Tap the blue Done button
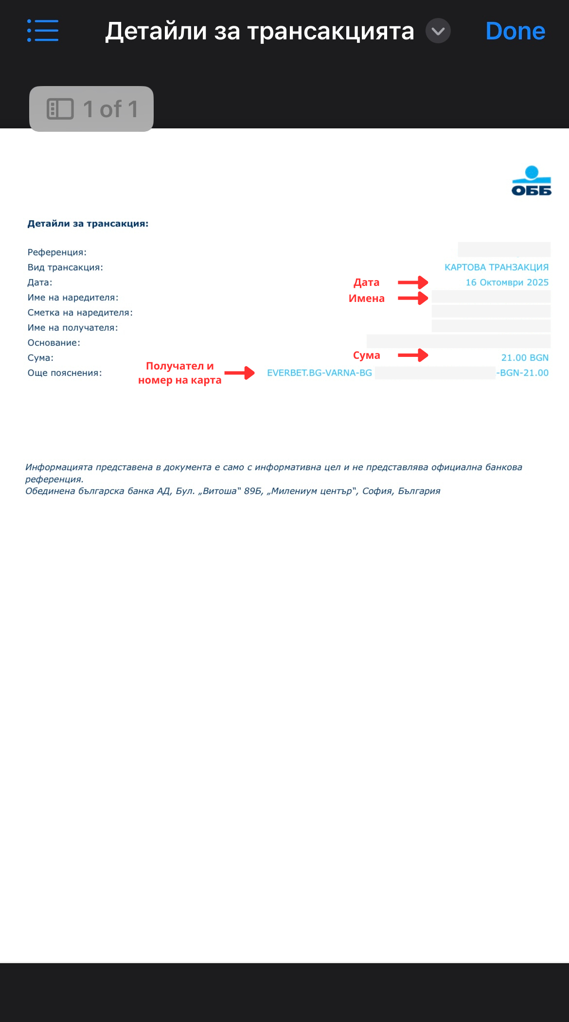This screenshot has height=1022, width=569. tap(515, 31)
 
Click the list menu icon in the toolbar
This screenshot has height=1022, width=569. tap(43, 31)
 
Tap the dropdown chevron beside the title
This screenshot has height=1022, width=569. tap(438, 31)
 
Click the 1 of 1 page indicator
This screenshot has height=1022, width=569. tap(91, 109)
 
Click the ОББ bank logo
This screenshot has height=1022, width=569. tap(531, 181)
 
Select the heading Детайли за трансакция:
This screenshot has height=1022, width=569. tap(88, 224)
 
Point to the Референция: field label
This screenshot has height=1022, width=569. tap(57, 252)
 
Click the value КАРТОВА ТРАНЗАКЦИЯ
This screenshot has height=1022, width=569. tap(496, 267)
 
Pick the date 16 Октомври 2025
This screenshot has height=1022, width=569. tap(507, 282)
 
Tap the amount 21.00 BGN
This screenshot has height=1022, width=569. tap(524, 358)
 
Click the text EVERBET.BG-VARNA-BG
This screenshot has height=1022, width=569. tap(319, 373)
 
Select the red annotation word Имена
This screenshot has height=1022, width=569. tap(366, 299)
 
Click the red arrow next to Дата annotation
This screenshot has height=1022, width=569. tap(413, 282)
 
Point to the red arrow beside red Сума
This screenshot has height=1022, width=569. tap(413, 355)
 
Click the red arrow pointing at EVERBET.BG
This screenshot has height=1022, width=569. tap(239, 373)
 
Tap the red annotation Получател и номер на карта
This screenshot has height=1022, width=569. tap(179, 373)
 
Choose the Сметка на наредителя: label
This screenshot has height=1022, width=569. tap(80, 313)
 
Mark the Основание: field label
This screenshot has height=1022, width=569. tap(53, 343)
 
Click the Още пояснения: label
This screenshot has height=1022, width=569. tap(65, 373)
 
